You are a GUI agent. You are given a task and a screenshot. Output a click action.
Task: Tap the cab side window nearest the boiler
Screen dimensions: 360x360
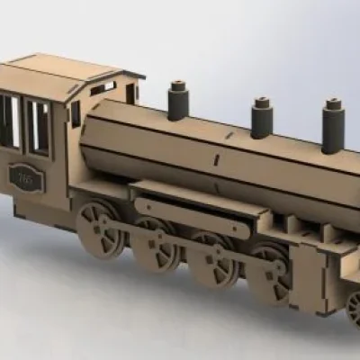click(x=38, y=127)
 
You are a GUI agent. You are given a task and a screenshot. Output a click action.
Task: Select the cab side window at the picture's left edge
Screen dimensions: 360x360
click(x=8, y=121)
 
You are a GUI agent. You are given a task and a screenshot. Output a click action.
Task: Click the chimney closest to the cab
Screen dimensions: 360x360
click(x=177, y=101)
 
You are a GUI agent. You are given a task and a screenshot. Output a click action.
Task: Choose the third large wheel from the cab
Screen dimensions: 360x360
click(x=214, y=258)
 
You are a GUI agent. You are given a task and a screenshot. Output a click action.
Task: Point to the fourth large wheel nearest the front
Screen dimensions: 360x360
click(x=270, y=274)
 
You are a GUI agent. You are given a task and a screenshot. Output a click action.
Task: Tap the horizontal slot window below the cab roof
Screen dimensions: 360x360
click(x=103, y=88)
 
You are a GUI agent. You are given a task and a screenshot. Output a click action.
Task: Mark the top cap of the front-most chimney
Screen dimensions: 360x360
click(x=335, y=106)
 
